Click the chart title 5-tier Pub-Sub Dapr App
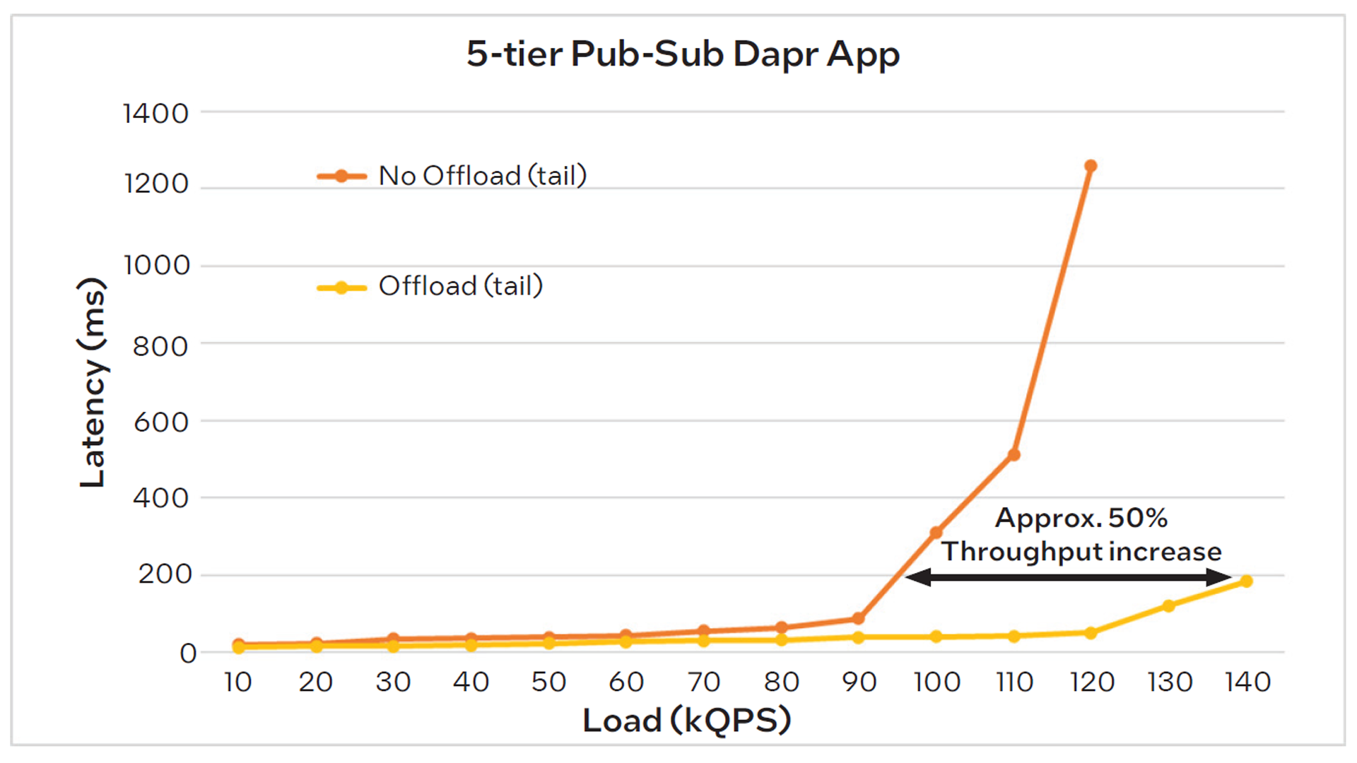pos(683,54)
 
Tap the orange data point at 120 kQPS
pos(1091,166)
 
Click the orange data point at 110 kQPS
pos(1014,454)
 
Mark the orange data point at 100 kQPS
pos(936,532)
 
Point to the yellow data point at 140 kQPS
pos(1246,581)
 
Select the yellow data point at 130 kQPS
pos(1168,605)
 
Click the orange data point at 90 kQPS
pos(858,618)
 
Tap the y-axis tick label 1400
pos(155,113)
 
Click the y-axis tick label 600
pos(161,422)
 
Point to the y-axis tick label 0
pos(188,653)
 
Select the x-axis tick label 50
pos(548,682)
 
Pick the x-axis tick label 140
pos(1247,682)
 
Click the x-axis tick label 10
pos(238,682)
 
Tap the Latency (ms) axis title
pos(93,382)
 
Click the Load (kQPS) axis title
pos(686,721)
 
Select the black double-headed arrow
pos(1068,577)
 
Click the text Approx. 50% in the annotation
pos(1081,518)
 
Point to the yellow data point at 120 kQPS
pos(1091,632)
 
